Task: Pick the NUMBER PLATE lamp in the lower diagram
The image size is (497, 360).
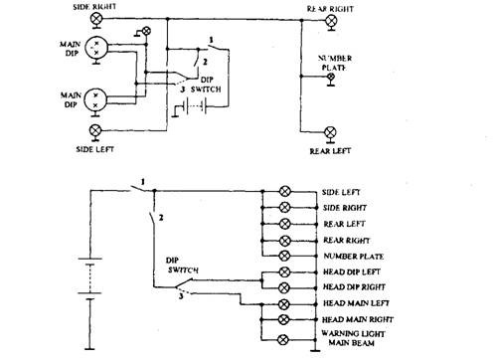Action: [x=285, y=257]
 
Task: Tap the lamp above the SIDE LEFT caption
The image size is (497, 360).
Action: [x=96, y=131]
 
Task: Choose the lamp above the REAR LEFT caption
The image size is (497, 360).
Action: [x=331, y=131]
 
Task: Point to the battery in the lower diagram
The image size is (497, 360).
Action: [x=87, y=281]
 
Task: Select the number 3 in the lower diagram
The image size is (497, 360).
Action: [x=179, y=293]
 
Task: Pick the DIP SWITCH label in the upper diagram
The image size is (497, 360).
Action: [x=213, y=84]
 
